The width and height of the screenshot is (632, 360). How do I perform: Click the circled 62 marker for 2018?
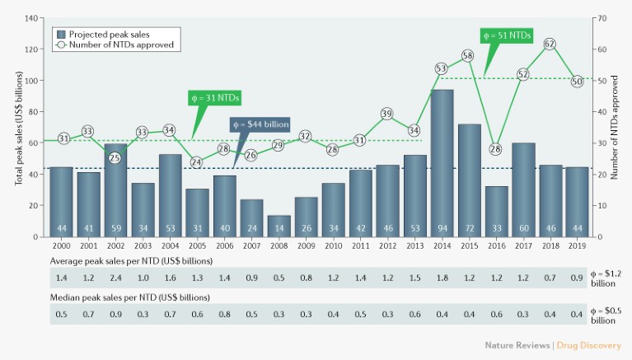550,44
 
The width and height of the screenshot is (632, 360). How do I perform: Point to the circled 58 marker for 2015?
467,56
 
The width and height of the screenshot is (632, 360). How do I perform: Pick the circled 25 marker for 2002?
116,158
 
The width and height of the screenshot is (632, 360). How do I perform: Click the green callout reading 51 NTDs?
505,35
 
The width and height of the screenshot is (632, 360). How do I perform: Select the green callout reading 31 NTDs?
214,98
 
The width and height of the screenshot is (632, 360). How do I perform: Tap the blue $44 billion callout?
260,124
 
